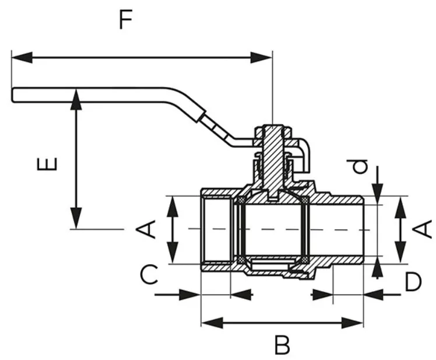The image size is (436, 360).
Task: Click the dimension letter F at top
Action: point(126,20)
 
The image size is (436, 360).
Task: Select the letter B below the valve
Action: point(282,345)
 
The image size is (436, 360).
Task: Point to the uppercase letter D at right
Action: point(413,282)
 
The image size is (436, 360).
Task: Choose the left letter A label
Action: point(149,229)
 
